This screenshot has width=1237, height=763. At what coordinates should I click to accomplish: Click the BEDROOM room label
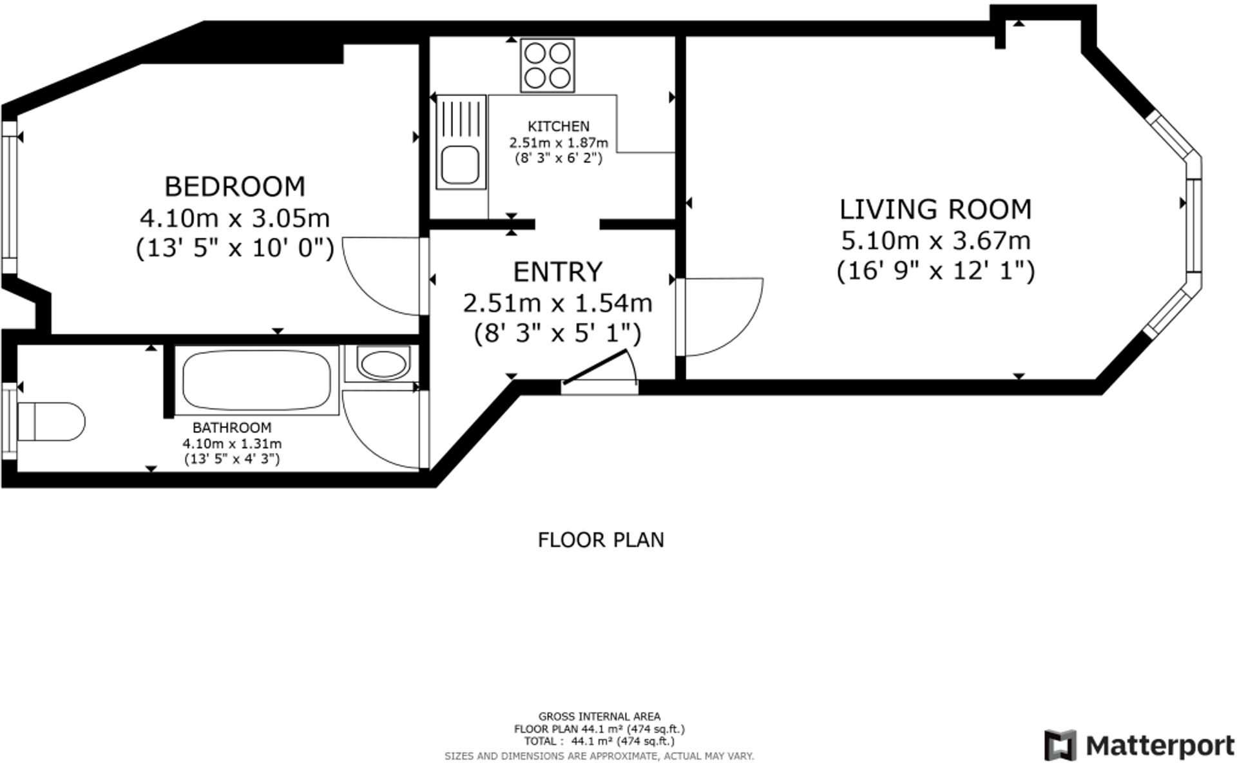(x=235, y=187)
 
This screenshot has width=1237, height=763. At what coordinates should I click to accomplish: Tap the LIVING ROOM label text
(x=935, y=210)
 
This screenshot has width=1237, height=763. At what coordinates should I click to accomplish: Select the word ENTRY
(x=557, y=272)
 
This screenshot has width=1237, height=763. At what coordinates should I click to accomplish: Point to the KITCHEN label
(x=558, y=126)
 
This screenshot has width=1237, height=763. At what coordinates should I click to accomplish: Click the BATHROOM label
(x=232, y=427)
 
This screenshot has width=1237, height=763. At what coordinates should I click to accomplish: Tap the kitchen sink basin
(x=460, y=164)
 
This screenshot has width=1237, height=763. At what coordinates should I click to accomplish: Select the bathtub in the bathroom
(x=256, y=380)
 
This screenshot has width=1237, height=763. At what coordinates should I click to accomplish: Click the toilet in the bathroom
(x=50, y=422)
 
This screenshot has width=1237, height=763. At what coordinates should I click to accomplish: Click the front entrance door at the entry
(x=596, y=370)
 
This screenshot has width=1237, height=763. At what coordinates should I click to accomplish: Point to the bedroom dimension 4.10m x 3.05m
(x=235, y=218)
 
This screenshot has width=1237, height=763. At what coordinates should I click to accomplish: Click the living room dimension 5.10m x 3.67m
(x=935, y=241)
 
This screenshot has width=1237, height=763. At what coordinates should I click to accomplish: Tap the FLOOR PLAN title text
(x=600, y=540)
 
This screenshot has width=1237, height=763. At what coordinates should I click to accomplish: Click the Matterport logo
(x=1138, y=746)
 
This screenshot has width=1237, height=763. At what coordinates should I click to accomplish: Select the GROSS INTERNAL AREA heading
(x=599, y=716)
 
